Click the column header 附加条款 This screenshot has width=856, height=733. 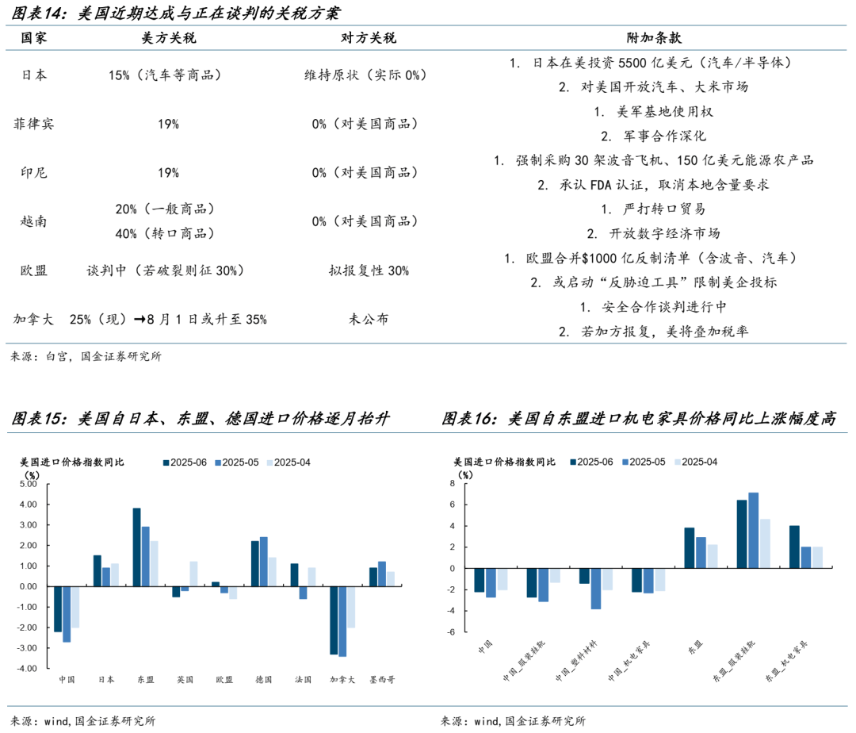tap(654, 38)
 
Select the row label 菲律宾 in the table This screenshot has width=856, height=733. tap(34, 124)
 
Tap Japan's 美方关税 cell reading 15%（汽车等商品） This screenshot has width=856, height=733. tap(165, 75)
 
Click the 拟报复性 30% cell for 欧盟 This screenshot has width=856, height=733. tap(369, 271)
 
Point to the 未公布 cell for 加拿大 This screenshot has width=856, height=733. tap(369, 320)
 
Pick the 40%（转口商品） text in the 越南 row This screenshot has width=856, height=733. tap(165, 233)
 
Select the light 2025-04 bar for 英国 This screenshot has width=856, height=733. tap(194, 574)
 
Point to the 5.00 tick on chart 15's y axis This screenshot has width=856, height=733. tap(28, 484)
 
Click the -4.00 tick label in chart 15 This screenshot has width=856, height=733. tap(28, 669)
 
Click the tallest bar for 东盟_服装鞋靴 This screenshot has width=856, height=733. tap(753, 531)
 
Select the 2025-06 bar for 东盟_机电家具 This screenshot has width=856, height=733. tap(795, 547)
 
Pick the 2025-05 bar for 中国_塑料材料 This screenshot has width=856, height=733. tap(595, 589)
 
